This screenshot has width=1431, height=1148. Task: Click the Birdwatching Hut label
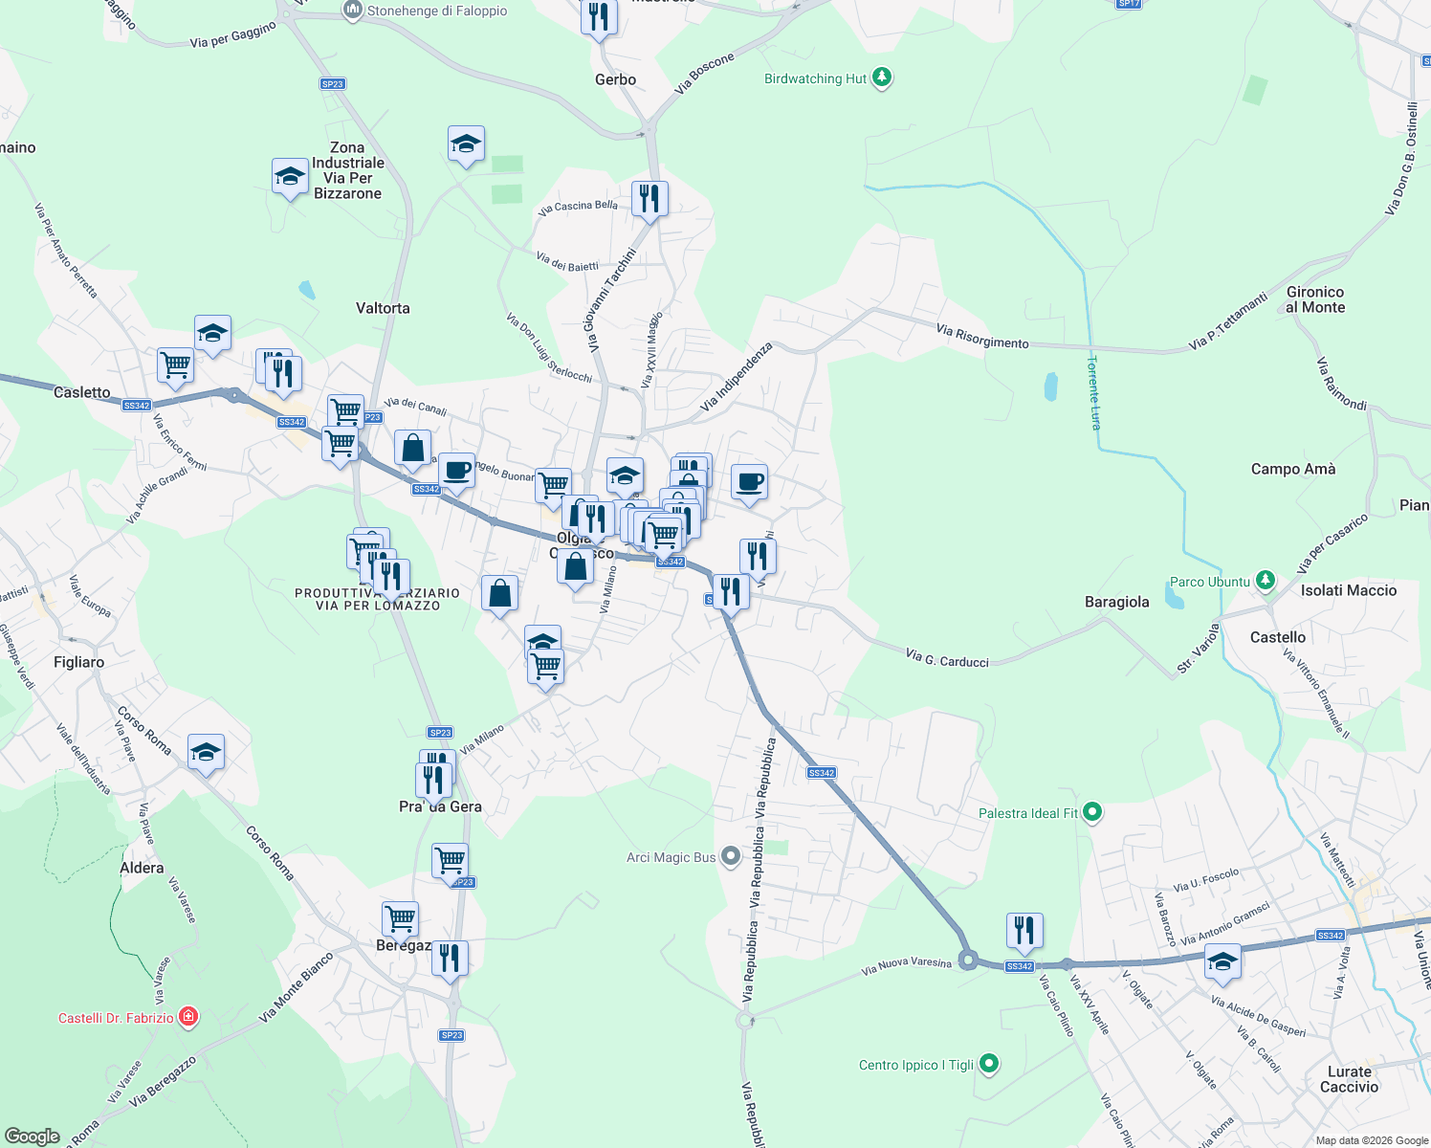[815, 79]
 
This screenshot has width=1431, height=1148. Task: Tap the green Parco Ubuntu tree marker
[1266, 581]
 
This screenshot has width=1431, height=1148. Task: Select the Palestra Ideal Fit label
[1027, 813]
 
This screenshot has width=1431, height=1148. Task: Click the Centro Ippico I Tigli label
[915, 1065]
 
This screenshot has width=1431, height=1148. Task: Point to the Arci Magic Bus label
[671, 857]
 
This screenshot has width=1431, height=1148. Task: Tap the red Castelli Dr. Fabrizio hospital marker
[188, 1017]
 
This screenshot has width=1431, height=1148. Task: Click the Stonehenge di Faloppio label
[436, 11]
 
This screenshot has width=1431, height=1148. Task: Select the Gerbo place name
[615, 79]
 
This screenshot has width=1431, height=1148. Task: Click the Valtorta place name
[383, 308]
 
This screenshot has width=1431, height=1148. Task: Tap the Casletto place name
[82, 392]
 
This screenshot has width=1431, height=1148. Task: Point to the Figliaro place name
[79, 662]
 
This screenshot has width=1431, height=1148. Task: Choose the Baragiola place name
[1116, 602]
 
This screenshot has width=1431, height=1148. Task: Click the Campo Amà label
[1293, 469]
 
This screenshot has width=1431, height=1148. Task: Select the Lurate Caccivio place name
[1349, 1079]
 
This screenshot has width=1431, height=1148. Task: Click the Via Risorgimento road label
[982, 336]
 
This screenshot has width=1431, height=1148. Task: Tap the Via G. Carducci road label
[947, 658]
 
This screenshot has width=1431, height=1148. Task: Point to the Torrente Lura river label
[1094, 392]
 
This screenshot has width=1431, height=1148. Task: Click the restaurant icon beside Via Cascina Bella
[649, 199]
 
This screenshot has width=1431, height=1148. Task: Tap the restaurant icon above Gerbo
[598, 17]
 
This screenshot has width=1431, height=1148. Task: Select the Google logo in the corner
[33, 1137]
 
